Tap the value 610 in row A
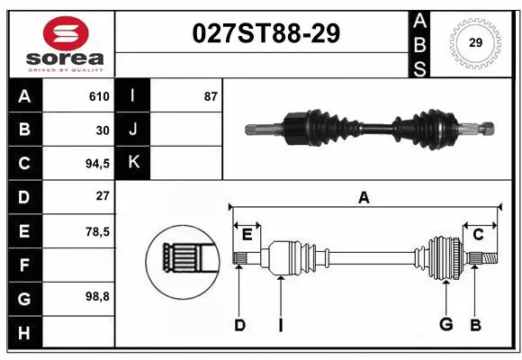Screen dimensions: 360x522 coord(98,96)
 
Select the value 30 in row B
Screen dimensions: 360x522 coord(102,130)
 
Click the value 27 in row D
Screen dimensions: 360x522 coord(102,196)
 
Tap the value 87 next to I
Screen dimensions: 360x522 coord(210,96)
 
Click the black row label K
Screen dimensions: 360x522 coord(132,163)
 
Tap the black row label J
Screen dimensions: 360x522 coord(132,130)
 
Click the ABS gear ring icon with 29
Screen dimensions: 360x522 coord(475,42)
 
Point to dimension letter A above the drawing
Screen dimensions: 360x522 coord(364,198)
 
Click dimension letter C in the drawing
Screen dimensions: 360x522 coord(478,235)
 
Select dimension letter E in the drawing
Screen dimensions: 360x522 coord(247,235)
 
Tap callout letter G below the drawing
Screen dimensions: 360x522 coord(445,325)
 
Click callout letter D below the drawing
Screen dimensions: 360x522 coord(239,325)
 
